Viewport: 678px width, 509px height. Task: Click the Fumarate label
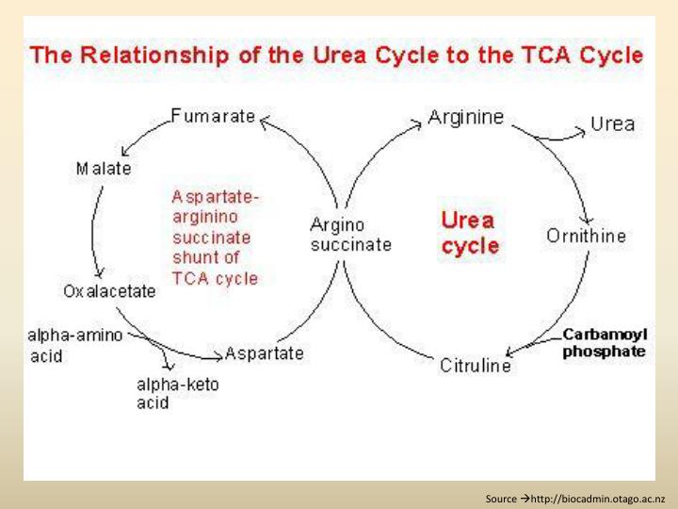tap(213, 117)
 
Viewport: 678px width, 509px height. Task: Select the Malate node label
tap(104, 169)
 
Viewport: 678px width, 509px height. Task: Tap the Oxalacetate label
tap(109, 290)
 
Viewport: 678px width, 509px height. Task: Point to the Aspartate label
tap(265, 353)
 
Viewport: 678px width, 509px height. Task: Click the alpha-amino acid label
tap(74, 345)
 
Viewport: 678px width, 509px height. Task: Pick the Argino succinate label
tap(350, 235)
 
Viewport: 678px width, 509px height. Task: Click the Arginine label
tap(466, 117)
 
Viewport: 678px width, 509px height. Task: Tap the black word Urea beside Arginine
tap(612, 123)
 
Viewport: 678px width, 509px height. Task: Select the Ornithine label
tap(586, 236)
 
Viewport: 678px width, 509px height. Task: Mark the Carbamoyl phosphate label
tap(605, 343)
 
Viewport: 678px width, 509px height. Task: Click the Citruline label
tap(476, 366)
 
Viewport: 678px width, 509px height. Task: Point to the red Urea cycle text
tap(470, 233)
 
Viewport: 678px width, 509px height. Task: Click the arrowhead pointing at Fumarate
tap(264, 120)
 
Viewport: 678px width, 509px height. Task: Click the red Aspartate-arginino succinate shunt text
tap(216, 238)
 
